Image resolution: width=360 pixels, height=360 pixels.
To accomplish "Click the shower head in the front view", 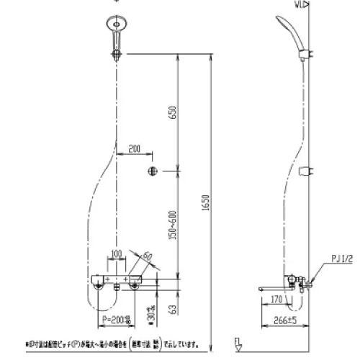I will (x=114, y=23).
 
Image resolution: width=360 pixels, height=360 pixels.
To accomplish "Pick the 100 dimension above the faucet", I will (x=115, y=253).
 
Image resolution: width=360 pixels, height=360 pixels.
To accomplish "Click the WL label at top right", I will (x=300, y=4).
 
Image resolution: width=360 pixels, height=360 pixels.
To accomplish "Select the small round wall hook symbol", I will (x=152, y=171).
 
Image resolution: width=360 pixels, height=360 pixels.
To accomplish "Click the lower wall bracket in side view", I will (x=307, y=171).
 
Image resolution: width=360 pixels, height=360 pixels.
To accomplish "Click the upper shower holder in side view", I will (x=307, y=52).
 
